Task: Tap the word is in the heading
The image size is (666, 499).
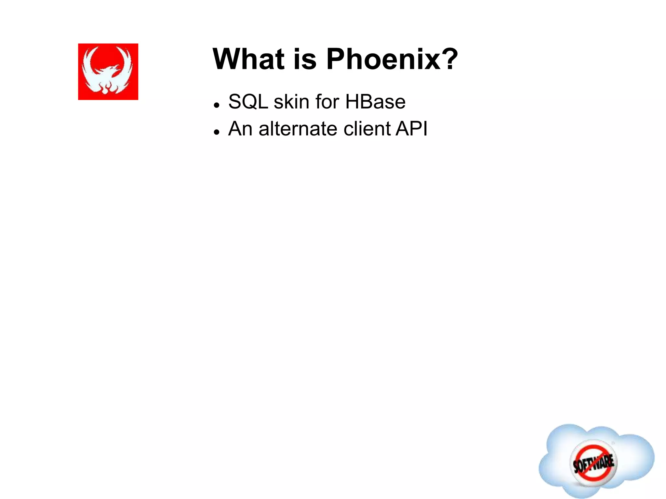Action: [305, 59]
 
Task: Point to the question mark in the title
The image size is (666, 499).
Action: [449, 59]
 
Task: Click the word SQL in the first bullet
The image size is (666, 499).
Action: [248, 102]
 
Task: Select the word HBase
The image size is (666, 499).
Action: [375, 102]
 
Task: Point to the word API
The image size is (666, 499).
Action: [412, 129]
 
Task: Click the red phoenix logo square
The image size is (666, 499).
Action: [108, 71]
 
